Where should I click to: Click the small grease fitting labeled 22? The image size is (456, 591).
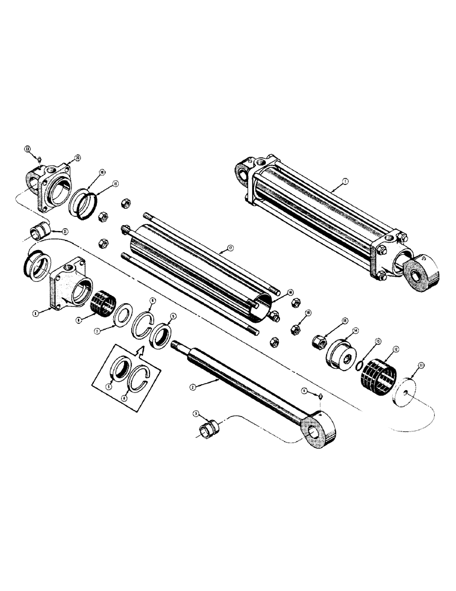click(37, 158)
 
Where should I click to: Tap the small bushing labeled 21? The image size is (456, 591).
click(38, 228)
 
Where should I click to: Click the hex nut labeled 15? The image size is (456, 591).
click(320, 342)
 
